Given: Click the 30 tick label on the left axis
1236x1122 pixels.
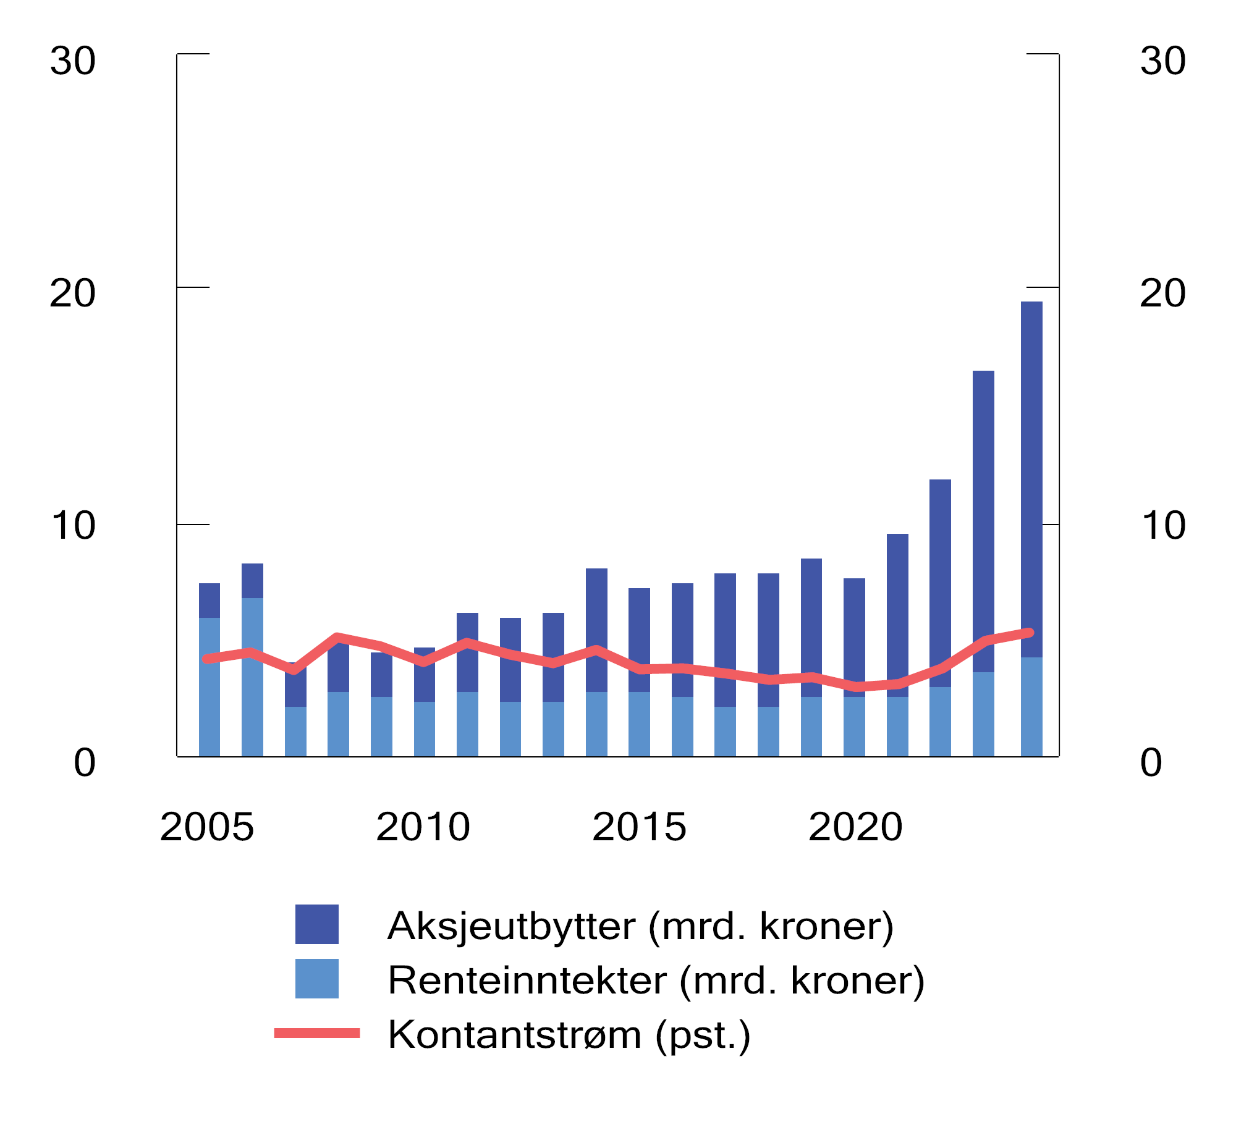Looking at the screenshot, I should pyautogui.click(x=73, y=61).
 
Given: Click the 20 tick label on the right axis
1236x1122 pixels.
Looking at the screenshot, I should pyautogui.click(x=1162, y=293).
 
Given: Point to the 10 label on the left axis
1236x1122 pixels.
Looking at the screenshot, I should pyautogui.click(x=73, y=526).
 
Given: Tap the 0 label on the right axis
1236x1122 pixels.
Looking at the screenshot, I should pyautogui.click(x=1151, y=763).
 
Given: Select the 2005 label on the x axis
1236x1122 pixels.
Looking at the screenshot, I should pyautogui.click(x=207, y=827).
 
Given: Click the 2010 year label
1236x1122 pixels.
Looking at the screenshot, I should pyautogui.click(x=423, y=827).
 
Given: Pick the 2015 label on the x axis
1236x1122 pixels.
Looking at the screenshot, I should pyautogui.click(x=640, y=827).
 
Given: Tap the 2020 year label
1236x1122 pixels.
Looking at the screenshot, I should pyautogui.click(x=855, y=827).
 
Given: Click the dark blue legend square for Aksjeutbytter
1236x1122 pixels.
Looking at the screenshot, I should pyautogui.click(x=316, y=924).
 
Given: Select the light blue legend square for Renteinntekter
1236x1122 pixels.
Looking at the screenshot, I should pyautogui.click(x=316, y=979).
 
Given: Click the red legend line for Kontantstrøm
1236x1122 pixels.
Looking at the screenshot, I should pyautogui.click(x=316, y=1033).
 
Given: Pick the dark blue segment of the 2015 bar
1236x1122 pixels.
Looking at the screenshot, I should pyautogui.click(x=639, y=624).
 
